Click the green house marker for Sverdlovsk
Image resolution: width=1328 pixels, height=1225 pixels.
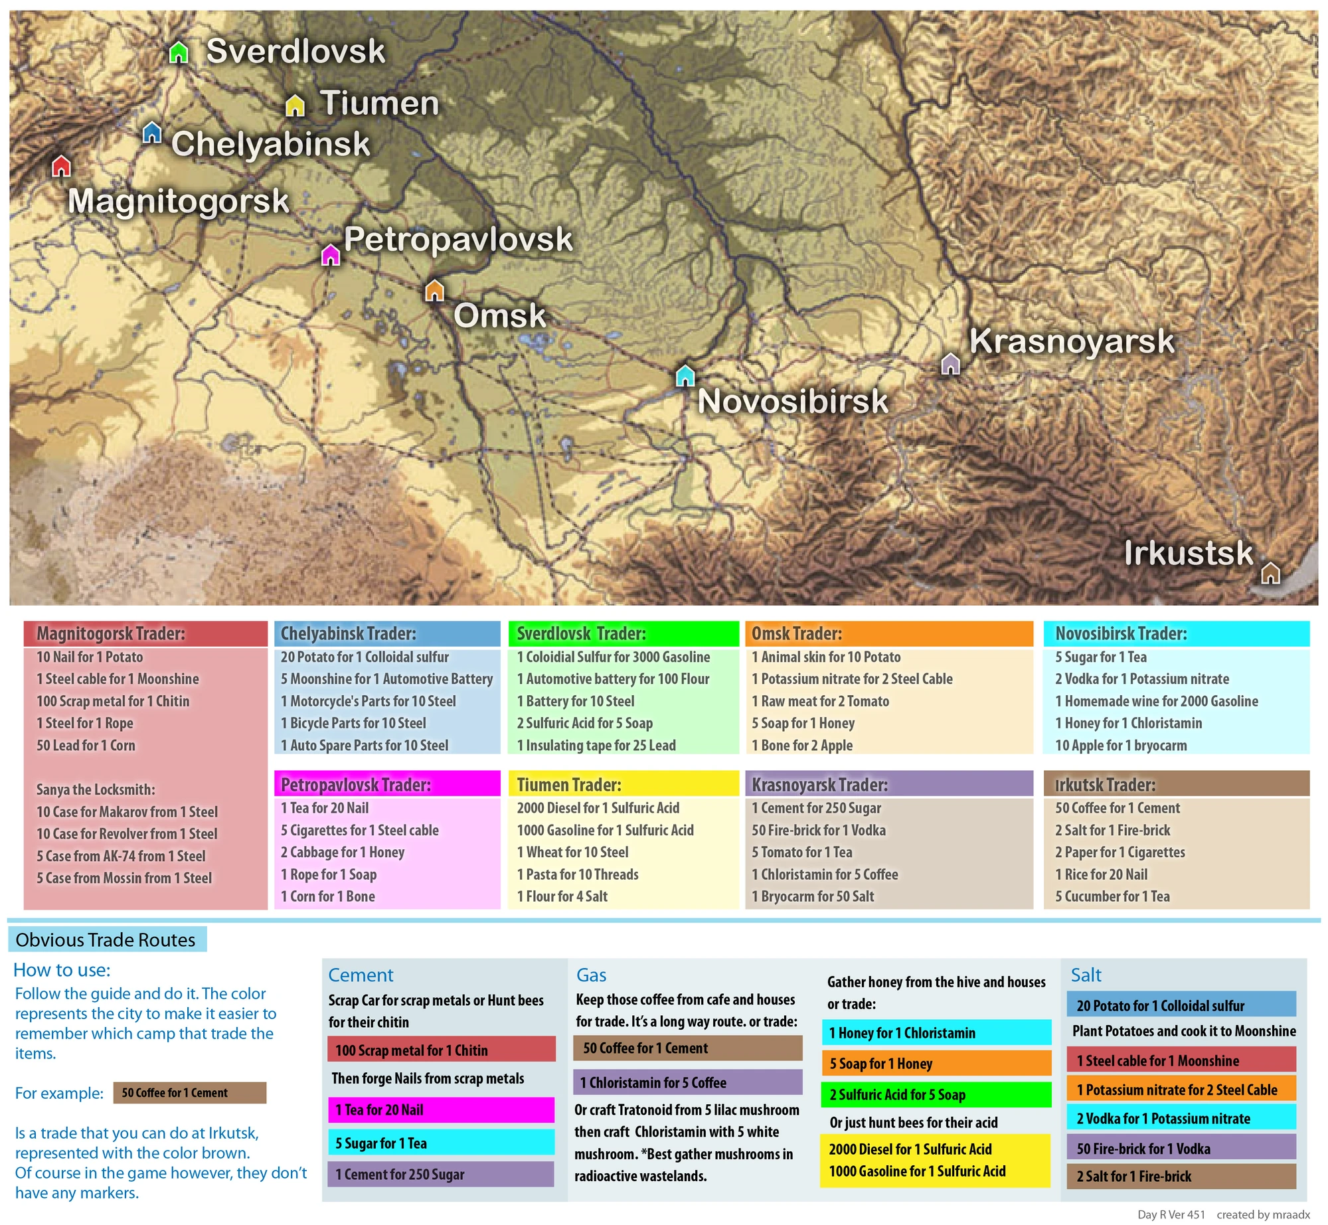pyautogui.click(x=179, y=52)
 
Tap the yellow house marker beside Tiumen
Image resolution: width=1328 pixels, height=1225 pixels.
pyautogui.click(x=295, y=105)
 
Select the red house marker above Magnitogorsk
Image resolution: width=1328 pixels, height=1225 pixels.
pyautogui.click(x=61, y=166)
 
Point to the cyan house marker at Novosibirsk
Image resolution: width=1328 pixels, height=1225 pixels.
pyautogui.click(x=685, y=376)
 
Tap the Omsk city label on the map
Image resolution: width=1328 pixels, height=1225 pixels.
pyautogui.click(x=499, y=315)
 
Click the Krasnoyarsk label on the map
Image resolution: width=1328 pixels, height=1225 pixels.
pyautogui.click(x=1072, y=341)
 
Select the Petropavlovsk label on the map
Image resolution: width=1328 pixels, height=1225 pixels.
pyautogui.click(x=458, y=239)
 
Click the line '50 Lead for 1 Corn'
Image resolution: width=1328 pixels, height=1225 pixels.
pyautogui.click(x=86, y=745)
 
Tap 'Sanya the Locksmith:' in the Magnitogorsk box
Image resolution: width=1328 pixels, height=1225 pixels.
pyautogui.click(x=96, y=789)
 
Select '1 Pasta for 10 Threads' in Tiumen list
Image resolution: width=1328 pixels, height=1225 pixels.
pyautogui.click(x=578, y=874)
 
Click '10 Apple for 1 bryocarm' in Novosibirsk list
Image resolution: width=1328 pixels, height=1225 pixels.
pyautogui.click(x=1121, y=745)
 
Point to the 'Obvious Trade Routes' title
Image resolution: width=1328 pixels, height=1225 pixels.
pyautogui.click(x=106, y=939)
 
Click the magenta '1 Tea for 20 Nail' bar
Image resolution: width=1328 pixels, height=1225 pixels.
pyautogui.click(x=441, y=1109)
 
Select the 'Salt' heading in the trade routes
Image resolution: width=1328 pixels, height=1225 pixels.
pyautogui.click(x=1086, y=975)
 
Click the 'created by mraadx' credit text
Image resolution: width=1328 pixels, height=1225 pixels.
pyautogui.click(x=1263, y=1214)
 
